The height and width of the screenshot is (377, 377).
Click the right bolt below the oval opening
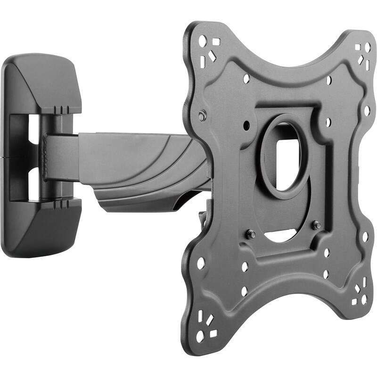(x=317, y=225)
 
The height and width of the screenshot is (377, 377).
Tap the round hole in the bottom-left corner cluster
(x=200, y=336)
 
